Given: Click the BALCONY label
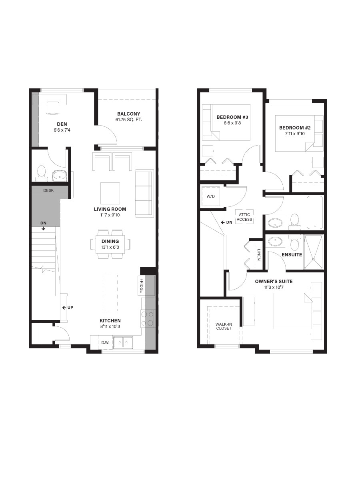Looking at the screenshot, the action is click(128, 114).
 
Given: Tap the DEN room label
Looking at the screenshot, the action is click(62, 124).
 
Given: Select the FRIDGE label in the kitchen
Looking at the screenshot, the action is click(142, 286).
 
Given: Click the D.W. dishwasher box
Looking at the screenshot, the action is click(105, 342).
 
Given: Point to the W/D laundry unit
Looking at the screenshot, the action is click(210, 196).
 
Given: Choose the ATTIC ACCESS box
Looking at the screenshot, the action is click(244, 217).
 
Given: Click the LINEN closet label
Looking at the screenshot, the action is click(259, 255).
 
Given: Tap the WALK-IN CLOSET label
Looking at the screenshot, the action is click(224, 326).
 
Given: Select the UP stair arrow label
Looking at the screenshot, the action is click(68, 308).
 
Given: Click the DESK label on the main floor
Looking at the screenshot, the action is click(48, 190).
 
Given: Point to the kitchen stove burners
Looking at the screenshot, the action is click(148, 319).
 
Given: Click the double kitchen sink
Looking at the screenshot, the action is click(123, 342).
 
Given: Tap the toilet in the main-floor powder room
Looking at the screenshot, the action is click(41, 174).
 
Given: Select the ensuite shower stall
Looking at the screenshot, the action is click(313, 252).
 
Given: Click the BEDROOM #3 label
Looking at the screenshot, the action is click(232, 117).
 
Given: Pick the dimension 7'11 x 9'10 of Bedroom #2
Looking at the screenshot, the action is click(295, 134).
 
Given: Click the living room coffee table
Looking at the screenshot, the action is click(110, 193).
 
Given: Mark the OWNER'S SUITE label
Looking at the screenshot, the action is click(274, 282).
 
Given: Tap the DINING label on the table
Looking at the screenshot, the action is click(110, 242).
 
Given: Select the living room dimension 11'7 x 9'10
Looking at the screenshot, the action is click(110, 215).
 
